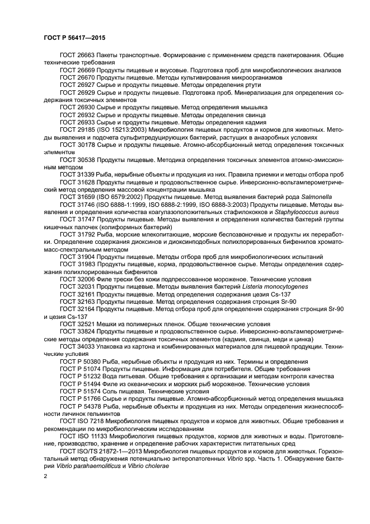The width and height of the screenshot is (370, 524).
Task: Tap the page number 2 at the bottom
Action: tap(46, 475)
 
